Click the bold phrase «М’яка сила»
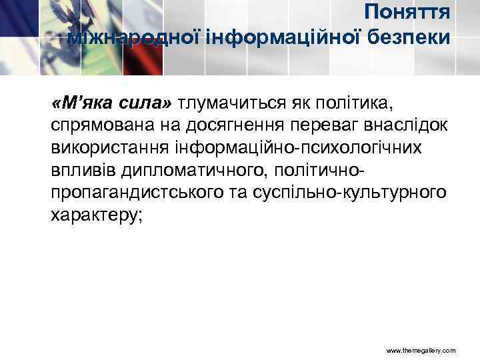[x=111, y=105]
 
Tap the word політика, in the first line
[x=371, y=105]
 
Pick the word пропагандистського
[x=129, y=193]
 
